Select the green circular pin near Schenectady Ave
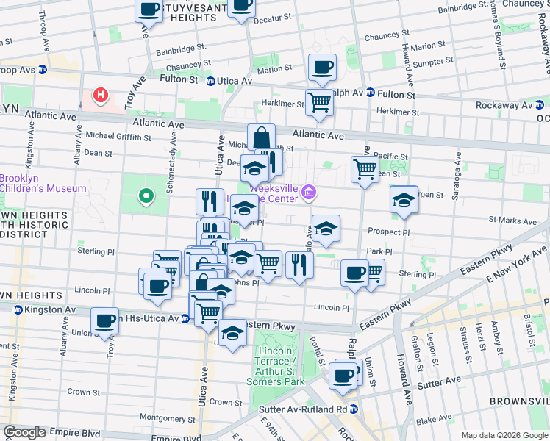(x=146, y=196)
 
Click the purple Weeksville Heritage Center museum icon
(x=310, y=194)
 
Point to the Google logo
(x=24, y=432)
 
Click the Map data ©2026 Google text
(x=504, y=435)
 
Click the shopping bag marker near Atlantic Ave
(x=261, y=137)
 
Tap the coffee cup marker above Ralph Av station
(x=322, y=68)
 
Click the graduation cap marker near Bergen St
(x=404, y=199)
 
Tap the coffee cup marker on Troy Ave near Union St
(x=105, y=320)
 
